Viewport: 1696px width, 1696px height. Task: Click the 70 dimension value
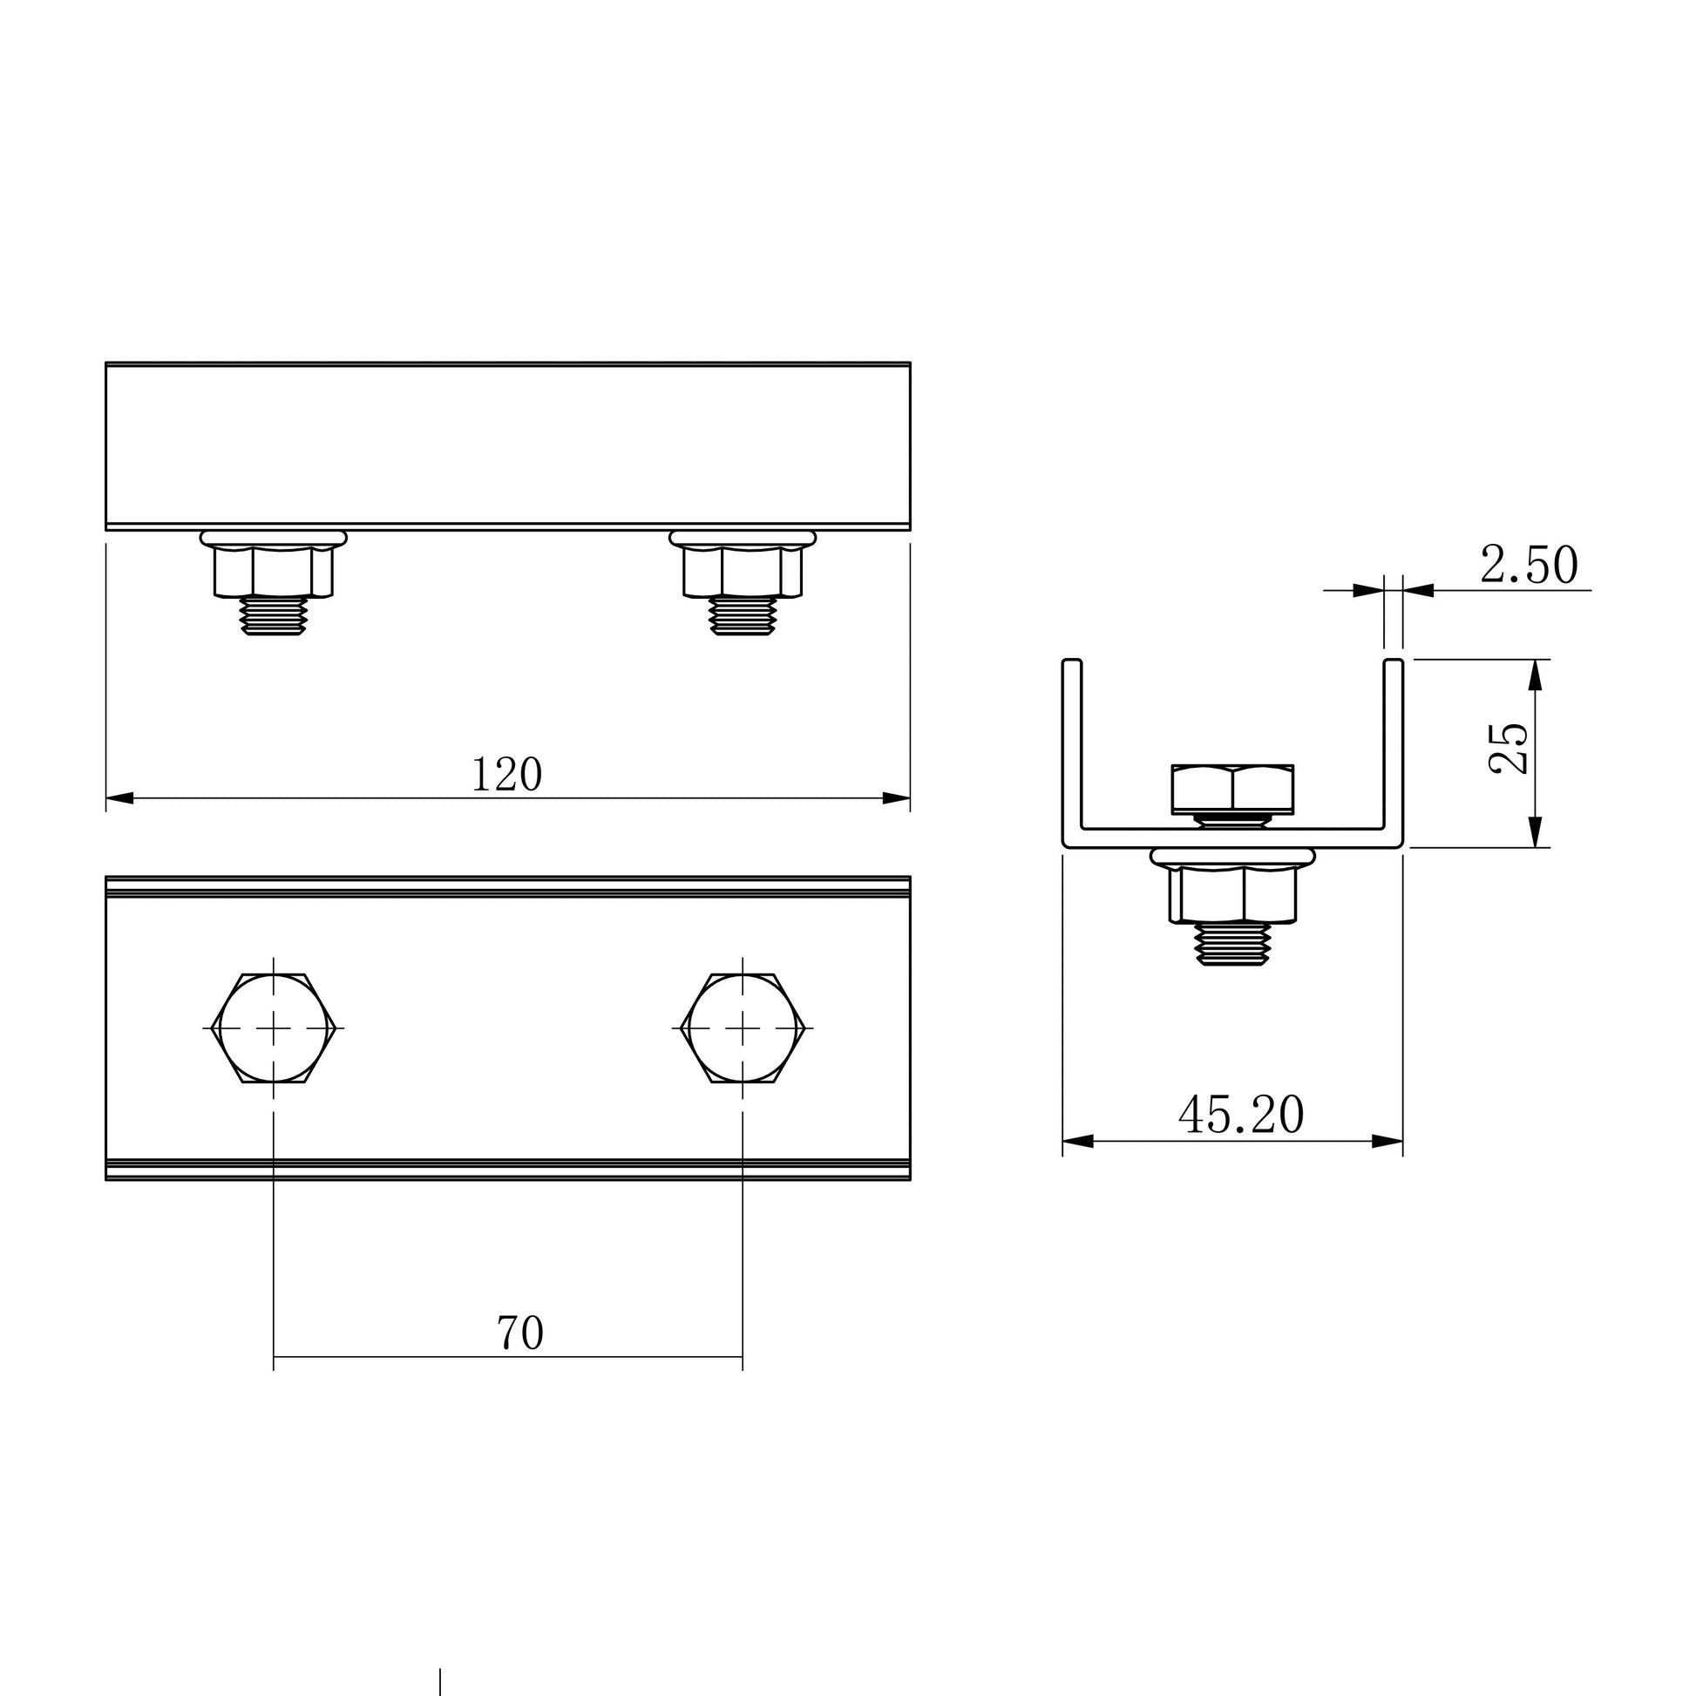point(519,1333)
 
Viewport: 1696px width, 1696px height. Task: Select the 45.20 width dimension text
point(1240,1115)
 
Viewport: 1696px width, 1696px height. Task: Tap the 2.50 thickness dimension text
point(1529,566)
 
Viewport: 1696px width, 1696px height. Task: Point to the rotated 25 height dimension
point(1508,748)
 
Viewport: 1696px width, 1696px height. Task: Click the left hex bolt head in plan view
point(274,1027)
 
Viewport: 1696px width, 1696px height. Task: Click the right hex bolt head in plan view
point(743,1027)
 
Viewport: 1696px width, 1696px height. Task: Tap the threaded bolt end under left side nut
point(274,615)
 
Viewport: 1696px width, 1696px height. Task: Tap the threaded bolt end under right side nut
point(743,615)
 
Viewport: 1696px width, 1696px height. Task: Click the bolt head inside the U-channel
point(1232,789)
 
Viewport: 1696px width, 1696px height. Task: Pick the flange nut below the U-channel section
point(1232,891)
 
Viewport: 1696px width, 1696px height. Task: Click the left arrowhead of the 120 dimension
point(119,798)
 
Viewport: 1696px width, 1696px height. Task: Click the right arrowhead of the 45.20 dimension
point(1387,1141)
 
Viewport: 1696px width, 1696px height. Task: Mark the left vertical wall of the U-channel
point(1072,746)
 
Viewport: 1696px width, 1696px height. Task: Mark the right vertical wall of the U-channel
point(1393,746)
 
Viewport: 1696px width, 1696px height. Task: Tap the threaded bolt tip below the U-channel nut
point(1232,946)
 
